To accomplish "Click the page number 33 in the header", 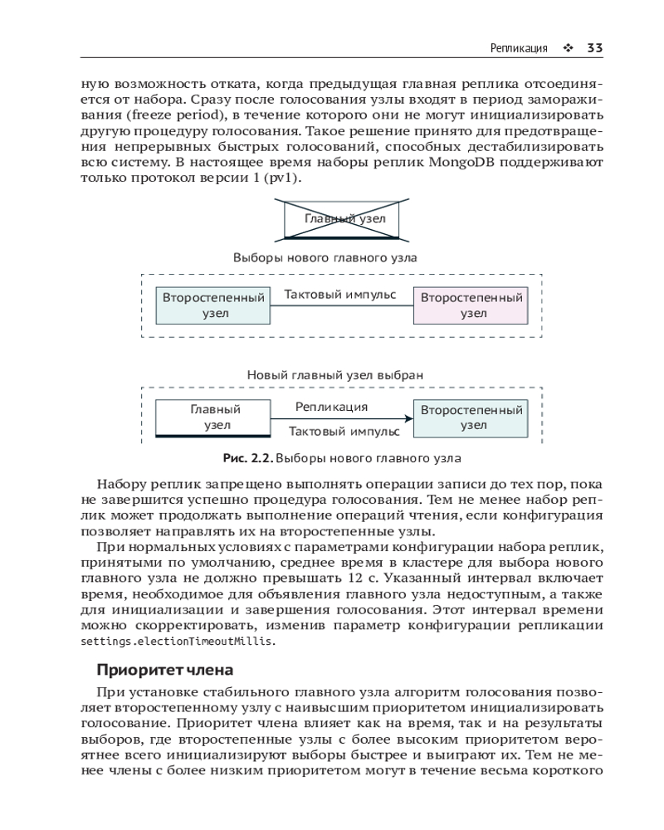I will [x=594, y=48].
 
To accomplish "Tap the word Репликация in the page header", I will [x=520, y=48].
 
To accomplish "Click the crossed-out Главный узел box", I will [x=342, y=220].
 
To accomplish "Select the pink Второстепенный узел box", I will [x=472, y=305].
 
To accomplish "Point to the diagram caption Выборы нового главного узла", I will [x=325, y=258].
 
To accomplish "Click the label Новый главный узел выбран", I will [x=335, y=375].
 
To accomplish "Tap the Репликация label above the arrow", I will [x=331, y=408].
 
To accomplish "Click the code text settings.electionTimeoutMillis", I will [x=177, y=642].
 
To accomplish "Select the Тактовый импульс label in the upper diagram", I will [x=340, y=295].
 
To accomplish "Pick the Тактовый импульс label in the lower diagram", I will [x=344, y=432].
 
